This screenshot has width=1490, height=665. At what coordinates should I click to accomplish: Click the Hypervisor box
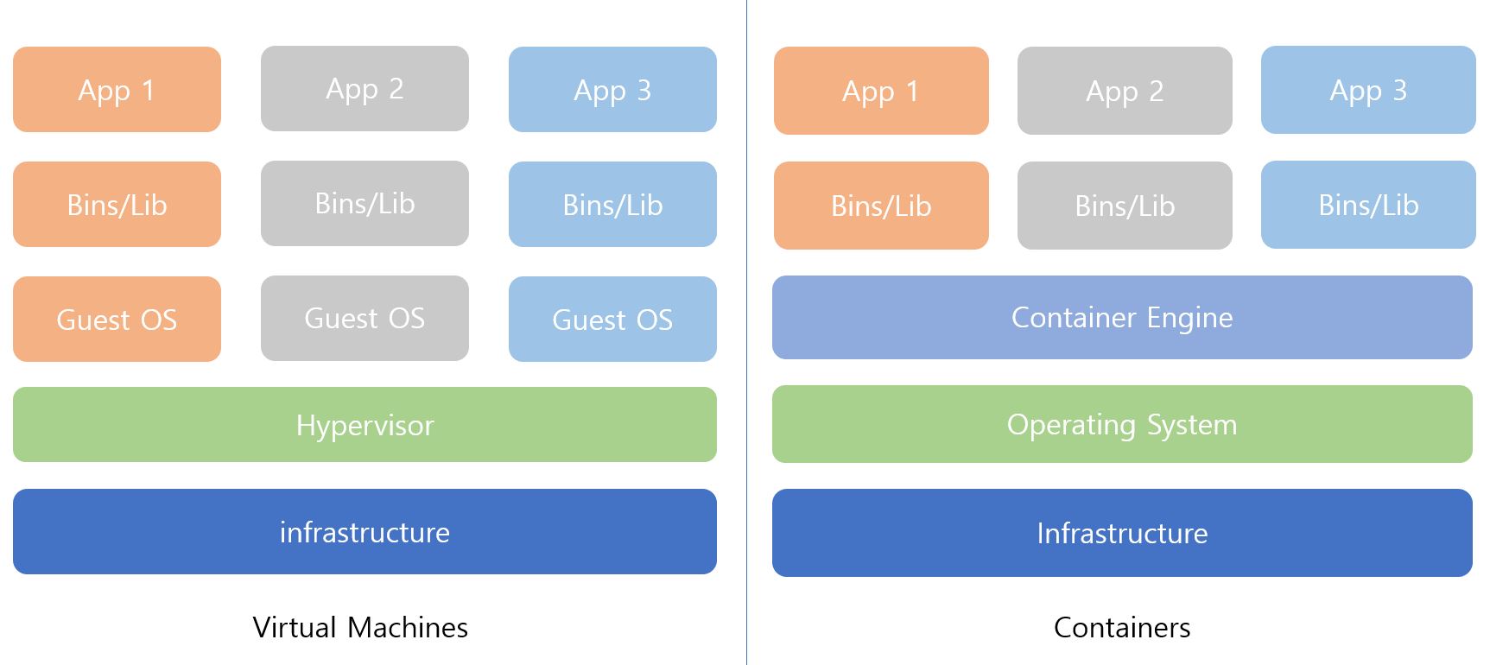coord(365,425)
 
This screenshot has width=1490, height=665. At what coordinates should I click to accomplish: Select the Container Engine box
coord(1122,318)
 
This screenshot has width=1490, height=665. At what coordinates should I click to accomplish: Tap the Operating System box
coord(1122,424)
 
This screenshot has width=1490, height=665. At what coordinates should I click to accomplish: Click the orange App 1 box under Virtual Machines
coord(117,90)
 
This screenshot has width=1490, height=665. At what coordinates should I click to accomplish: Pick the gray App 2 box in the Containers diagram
coord(1125,91)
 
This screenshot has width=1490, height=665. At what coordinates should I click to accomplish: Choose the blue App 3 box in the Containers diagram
coord(1368,90)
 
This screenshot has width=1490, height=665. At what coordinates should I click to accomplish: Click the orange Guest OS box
coord(117,320)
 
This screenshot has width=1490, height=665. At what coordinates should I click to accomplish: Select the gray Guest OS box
coord(365,318)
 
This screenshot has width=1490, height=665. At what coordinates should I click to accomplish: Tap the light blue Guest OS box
coord(612,320)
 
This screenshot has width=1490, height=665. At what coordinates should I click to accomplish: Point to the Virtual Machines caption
coord(360,627)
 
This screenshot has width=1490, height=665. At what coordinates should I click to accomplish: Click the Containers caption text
coord(1122,627)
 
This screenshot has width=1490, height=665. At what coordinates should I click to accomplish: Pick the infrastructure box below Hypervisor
coord(365,532)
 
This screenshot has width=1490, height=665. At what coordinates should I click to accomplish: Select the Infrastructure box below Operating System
coord(1122,533)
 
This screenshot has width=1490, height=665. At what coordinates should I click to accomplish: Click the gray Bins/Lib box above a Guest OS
coord(365,203)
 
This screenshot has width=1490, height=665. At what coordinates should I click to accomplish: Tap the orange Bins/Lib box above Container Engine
coord(881,206)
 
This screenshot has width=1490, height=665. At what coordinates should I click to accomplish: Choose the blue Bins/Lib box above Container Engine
coord(1368,205)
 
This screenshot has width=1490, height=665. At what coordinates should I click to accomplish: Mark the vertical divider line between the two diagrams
coord(746,332)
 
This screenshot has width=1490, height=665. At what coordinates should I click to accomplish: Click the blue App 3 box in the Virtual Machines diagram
coord(612,90)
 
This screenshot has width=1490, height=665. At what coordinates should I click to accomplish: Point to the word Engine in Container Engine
coord(1189,319)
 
